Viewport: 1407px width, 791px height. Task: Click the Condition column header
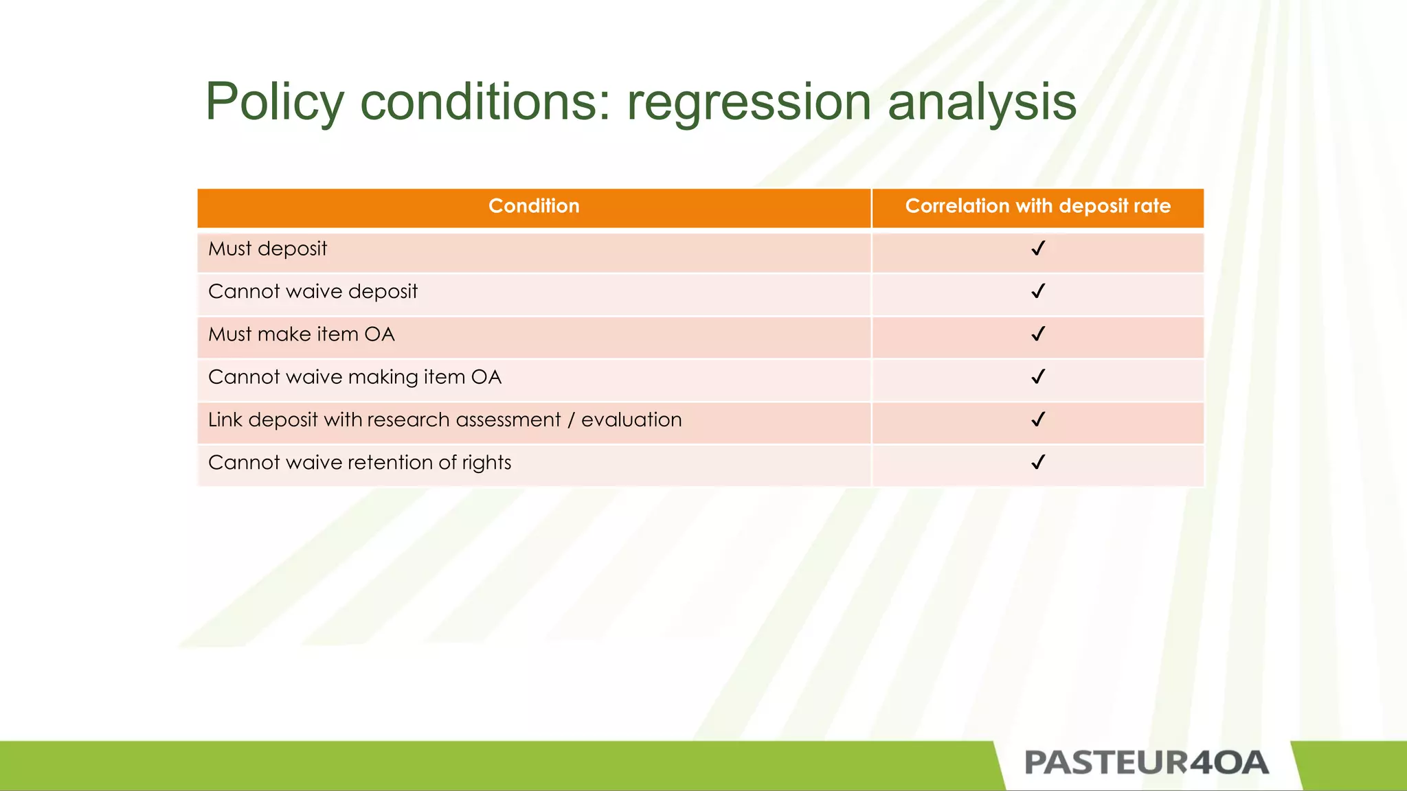click(x=534, y=206)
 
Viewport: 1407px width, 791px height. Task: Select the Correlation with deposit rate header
click(x=1037, y=206)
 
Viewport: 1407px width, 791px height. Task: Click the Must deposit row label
click(x=267, y=249)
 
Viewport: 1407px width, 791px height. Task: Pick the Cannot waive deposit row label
click(x=313, y=292)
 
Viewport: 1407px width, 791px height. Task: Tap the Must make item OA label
click(x=301, y=334)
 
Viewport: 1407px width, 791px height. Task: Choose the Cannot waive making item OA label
click(x=354, y=377)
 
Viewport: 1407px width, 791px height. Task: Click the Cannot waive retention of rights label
click(x=359, y=463)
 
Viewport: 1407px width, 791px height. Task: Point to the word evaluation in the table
click(x=631, y=420)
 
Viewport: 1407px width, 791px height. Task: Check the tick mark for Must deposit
click(x=1038, y=249)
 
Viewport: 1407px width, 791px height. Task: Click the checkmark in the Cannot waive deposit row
click(x=1038, y=292)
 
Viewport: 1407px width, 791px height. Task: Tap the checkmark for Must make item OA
click(x=1038, y=334)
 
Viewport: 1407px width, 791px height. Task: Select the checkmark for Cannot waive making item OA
click(x=1038, y=377)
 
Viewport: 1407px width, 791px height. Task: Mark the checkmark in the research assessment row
click(x=1038, y=420)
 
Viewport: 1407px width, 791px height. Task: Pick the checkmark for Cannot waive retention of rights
click(x=1038, y=463)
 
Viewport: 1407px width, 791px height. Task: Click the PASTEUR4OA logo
click(x=1146, y=763)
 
